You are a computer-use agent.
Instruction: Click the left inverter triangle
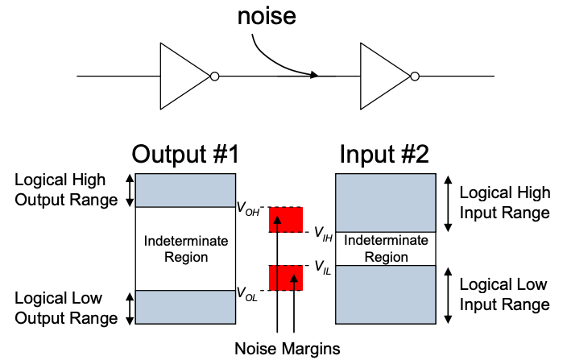tap(180, 77)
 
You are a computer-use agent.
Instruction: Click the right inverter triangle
tap(382, 77)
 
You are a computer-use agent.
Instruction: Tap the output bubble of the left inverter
tap(213, 77)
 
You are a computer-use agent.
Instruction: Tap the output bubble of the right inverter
tap(415, 77)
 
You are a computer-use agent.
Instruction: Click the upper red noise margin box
tap(286, 220)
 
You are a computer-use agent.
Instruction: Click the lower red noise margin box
tap(286, 277)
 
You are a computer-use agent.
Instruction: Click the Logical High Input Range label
tap(505, 202)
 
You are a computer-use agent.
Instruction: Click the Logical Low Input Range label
tap(505, 294)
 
